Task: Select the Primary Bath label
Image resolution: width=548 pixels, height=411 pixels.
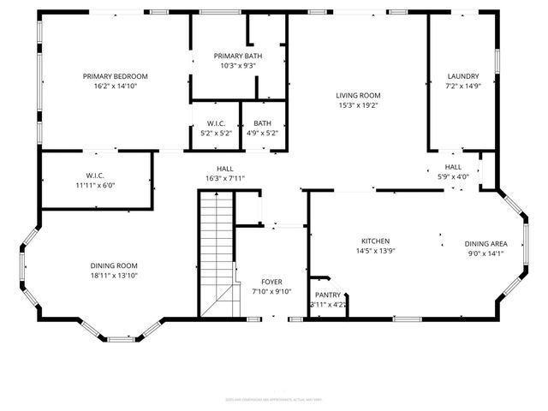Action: pyautogui.click(x=238, y=56)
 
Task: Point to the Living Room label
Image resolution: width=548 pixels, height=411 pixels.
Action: pyautogui.click(x=358, y=96)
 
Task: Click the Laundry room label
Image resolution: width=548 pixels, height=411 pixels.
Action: pyautogui.click(x=462, y=76)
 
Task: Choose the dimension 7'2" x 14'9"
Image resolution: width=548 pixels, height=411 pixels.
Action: pyautogui.click(x=462, y=86)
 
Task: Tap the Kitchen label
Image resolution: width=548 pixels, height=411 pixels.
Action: pyautogui.click(x=375, y=241)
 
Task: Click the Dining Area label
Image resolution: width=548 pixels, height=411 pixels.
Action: pyautogui.click(x=485, y=242)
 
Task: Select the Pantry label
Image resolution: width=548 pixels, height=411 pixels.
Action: pyautogui.click(x=327, y=295)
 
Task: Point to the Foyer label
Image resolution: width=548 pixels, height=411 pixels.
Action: pyautogui.click(x=271, y=282)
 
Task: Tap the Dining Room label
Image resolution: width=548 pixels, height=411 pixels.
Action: pyautogui.click(x=114, y=265)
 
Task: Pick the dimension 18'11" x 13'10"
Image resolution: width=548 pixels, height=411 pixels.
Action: pyautogui.click(x=114, y=275)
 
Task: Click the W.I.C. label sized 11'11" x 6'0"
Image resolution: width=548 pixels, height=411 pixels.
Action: pyautogui.click(x=94, y=176)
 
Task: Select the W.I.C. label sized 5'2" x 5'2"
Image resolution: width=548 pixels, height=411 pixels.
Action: pyautogui.click(x=216, y=123)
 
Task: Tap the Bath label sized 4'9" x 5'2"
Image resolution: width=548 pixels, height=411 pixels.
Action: pyautogui.click(x=262, y=123)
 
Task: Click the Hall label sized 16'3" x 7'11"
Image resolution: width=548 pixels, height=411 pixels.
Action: pyautogui.click(x=225, y=169)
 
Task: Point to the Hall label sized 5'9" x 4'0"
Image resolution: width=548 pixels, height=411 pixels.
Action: pyautogui.click(x=453, y=167)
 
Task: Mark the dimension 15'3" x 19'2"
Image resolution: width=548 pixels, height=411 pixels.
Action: pyautogui.click(x=358, y=105)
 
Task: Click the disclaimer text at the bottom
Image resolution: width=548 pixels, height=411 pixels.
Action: pyautogui.click(x=273, y=398)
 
